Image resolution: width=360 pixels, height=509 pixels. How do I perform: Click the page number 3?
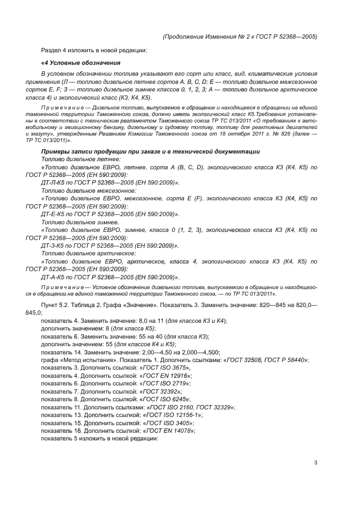pyautogui.click(x=315, y=463)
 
